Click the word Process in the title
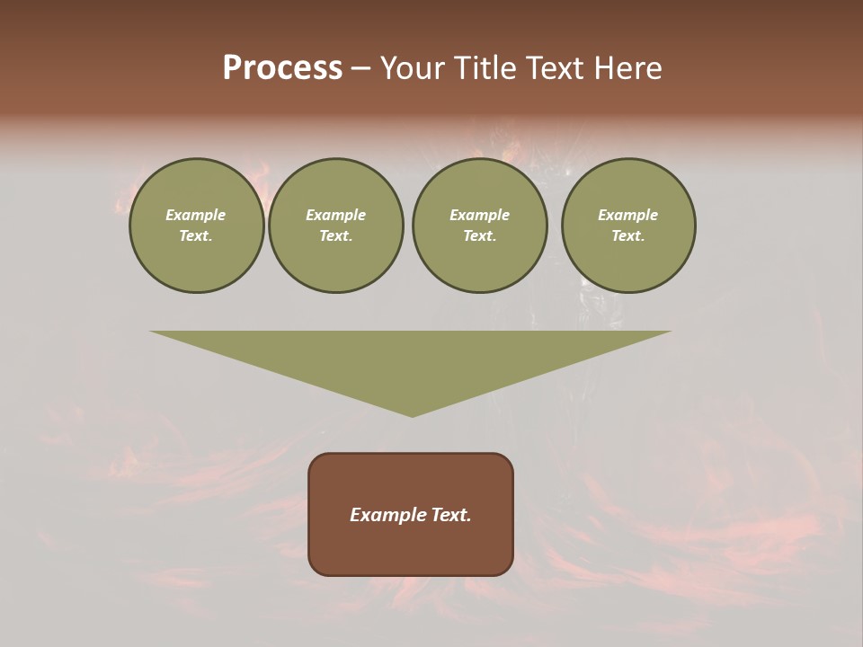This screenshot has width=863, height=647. (282, 68)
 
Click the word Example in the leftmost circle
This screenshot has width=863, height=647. (196, 215)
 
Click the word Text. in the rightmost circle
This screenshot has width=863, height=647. (628, 236)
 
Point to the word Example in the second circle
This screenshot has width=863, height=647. (336, 215)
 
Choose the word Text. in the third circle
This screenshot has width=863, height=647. (479, 236)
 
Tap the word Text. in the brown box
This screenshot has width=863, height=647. (452, 515)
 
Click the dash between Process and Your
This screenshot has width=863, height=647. (360, 69)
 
